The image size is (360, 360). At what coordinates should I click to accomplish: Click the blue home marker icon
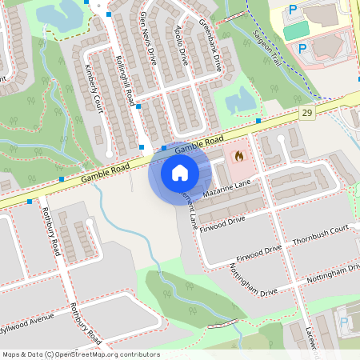179,172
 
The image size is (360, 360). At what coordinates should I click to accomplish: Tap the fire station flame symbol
238,157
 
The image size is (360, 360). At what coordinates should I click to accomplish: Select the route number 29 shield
307,114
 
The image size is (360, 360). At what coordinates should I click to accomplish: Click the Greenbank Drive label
210,44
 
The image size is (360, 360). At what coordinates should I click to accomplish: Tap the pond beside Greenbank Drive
238,102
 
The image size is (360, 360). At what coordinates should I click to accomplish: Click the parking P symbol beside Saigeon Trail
302,48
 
